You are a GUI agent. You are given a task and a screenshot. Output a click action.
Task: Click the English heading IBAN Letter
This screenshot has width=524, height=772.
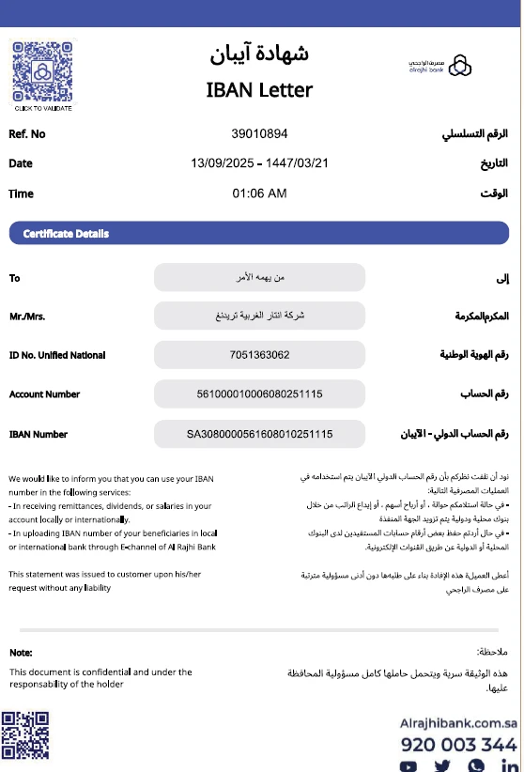[x=259, y=90]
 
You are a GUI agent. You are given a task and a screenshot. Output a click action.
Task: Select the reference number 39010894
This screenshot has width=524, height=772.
[x=259, y=134]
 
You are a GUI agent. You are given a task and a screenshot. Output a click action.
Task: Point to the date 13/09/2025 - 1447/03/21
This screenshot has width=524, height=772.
[x=259, y=163]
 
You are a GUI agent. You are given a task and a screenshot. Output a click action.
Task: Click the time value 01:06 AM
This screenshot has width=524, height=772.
[x=259, y=193]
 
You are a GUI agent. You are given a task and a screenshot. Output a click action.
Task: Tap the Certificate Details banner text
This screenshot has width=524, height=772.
[x=66, y=234]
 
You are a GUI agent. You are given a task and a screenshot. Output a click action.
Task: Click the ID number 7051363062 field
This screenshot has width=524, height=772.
[x=259, y=355]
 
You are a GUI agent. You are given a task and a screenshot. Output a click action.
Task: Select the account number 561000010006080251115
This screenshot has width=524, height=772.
[x=259, y=394]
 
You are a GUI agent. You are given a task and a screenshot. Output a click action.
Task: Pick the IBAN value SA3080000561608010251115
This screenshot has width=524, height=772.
[x=259, y=434]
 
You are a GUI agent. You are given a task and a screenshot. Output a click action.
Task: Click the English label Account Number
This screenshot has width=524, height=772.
[x=44, y=394]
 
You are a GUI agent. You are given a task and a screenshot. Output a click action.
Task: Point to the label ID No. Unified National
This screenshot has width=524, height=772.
[x=57, y=355]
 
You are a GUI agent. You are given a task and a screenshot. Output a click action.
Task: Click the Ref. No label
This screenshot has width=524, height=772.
[x=27, y=134]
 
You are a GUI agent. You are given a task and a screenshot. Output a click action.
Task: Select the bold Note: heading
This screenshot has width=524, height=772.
[x=21, y=653]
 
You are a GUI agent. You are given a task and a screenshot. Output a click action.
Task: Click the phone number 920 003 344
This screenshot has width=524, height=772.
[x=458, y=745]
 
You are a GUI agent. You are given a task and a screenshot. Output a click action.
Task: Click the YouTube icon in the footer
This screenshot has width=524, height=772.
[x=408, y=766]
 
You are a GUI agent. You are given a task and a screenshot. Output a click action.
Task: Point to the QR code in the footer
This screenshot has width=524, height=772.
[x=25, y=735]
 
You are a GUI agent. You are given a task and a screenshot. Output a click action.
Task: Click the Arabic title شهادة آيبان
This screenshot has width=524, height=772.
[x=259, y=54]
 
